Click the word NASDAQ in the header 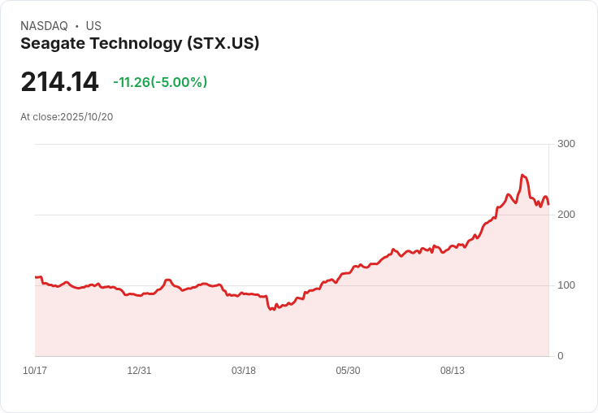point(44,26)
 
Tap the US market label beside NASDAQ point(93,26)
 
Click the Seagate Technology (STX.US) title point(140,44)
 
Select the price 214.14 point(59,82)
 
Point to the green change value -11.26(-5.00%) point(160,82)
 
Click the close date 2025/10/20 point(87,117)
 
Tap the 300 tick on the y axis point(566,144)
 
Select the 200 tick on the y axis point(566,215)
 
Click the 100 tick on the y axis point(566,285)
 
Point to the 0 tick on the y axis point(561,356)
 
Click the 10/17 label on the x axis point(35,371)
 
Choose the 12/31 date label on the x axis point(139,371)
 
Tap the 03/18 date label point(244,371)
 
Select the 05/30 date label point(348,371)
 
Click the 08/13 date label point(453,371)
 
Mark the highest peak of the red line point(522,175)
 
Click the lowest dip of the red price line point(272,310)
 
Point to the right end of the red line point(548,204)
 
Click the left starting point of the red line point(36,277)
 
